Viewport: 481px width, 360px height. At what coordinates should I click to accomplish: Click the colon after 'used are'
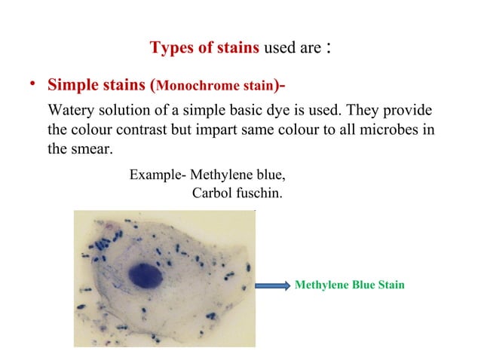(329, 48)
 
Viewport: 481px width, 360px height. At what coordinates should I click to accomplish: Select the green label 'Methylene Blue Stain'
(349, 285)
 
